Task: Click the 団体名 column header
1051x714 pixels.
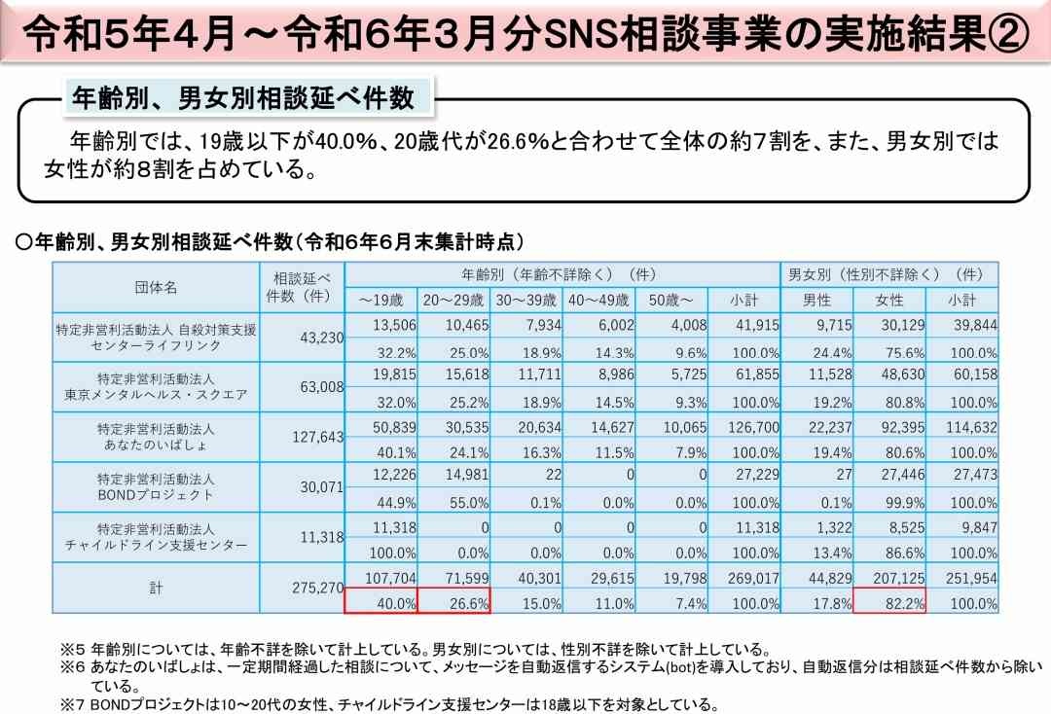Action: [156, 287]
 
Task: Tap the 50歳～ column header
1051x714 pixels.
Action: [671, 300]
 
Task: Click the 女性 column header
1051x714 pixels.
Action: [889, 300]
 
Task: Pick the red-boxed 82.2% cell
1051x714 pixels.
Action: [889, 603]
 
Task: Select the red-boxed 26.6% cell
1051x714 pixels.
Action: [453, 603]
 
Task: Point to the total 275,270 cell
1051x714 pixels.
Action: [317, 589]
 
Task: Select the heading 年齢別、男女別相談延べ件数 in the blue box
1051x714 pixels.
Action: [243, 98]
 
